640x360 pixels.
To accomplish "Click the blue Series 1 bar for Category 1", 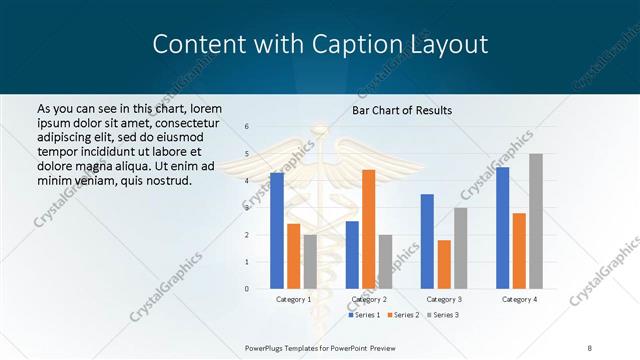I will pyautogui.click(x=277, y=231).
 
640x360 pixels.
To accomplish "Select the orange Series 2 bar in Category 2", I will pyautogui.click(x=368, y=229).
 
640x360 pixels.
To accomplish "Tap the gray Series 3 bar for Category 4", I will pyautogui.click(x=536, y=221).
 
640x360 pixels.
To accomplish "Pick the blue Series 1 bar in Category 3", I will pyautogui.click(x=427, y=241).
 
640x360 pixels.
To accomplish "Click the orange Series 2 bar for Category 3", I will pyautogui.click(x=444, y=264).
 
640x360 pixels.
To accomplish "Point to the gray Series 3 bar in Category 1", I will pyautogui.click(x=310, y=262).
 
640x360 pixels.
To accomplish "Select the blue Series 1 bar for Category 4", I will pyautogui.click(x=502, y=228).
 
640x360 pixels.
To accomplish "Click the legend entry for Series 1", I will pyautogui.click(x=364, y=315).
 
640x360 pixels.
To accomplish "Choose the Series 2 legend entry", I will pyautogui.click(x=402, y=315).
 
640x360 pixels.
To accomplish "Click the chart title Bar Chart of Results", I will pyautogui.click(x=402, y=110).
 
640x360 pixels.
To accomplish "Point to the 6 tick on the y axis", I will pyautogui.click(x=247, y=126).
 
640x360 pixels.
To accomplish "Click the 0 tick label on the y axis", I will pyautogui.click(x=247, y=289).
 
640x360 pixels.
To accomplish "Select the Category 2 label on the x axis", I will pyautogui.click(x=369, y=299).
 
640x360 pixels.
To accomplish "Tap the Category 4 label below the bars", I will pyautogui.click(x=519, y=299).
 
